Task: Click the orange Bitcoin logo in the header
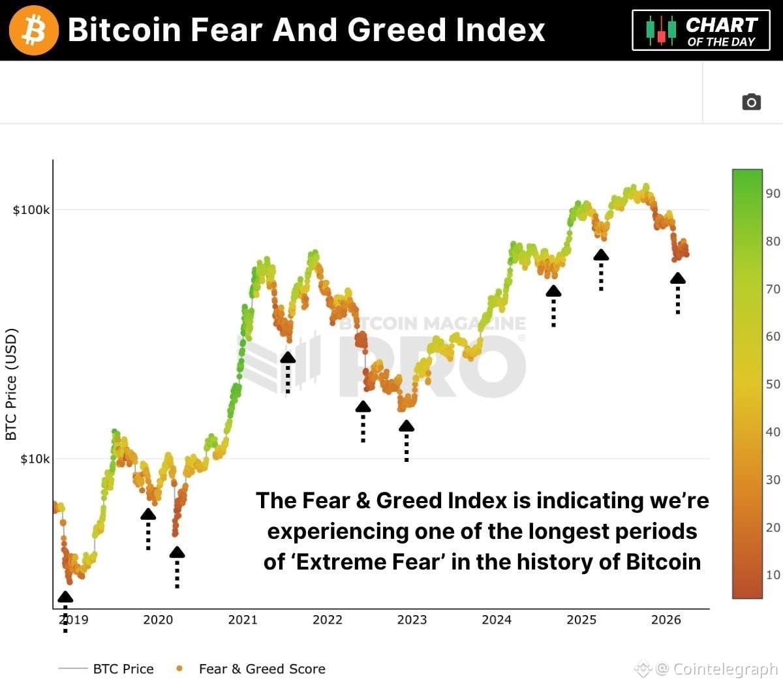pos(33,30)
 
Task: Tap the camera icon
pos(751,102)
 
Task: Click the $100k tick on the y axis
pos(31,210)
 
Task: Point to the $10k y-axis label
pos(34,459)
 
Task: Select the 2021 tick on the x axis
pos(243,620)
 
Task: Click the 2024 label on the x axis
pos(497,620)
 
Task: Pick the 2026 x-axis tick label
pos(666,620)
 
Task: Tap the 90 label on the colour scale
pos(773,193)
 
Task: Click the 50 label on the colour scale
pos(773,384)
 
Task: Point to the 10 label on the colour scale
pos(773,575)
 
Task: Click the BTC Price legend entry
pos(123,669)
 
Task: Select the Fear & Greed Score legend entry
pos(261,669)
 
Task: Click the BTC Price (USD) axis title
pos(11,384)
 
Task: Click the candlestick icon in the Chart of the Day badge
pos(661,30)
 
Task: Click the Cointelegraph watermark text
pos(724,669)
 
